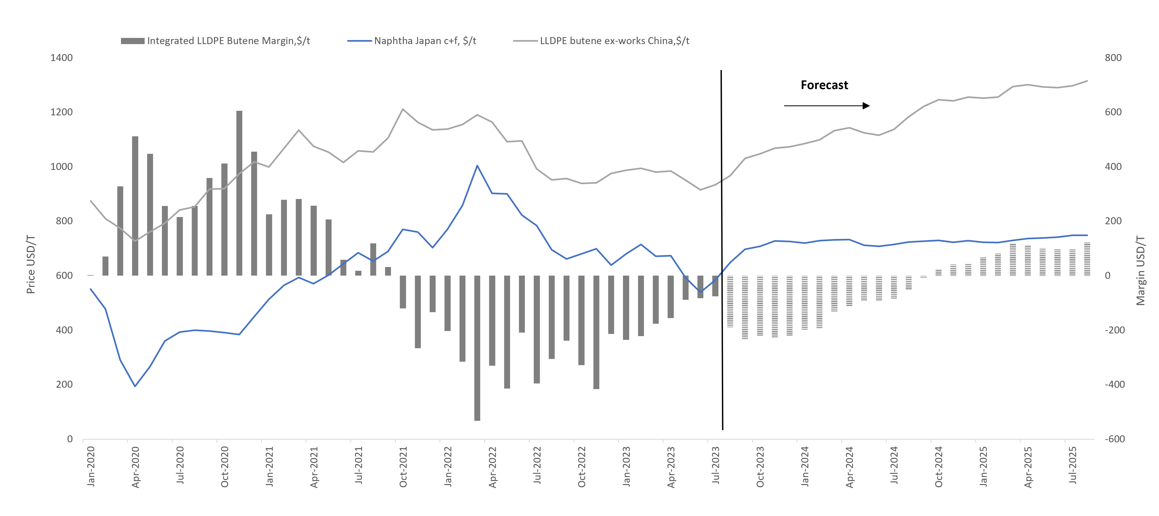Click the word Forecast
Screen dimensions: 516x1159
pos(824,85)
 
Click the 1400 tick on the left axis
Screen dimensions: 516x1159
pos(61,58)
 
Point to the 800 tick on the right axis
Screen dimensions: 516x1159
pos(1113,58)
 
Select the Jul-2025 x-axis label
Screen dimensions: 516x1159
pos(1073,465)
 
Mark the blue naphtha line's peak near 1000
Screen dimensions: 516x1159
pos(477,166)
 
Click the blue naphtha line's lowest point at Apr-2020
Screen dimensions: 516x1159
pos(135,386)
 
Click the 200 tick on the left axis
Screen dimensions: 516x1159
pos(64,385)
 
